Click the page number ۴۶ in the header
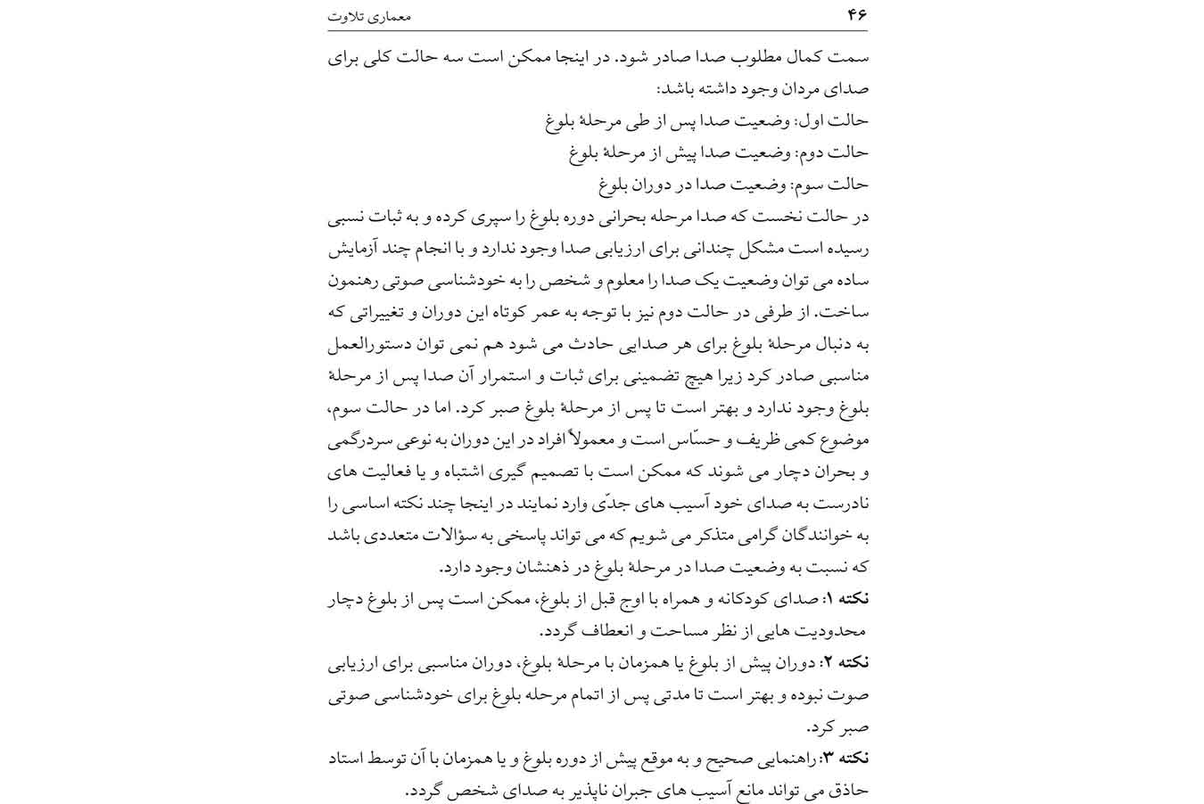(857, 14)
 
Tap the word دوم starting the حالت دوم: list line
(814, 152)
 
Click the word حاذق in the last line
(847, 790)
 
